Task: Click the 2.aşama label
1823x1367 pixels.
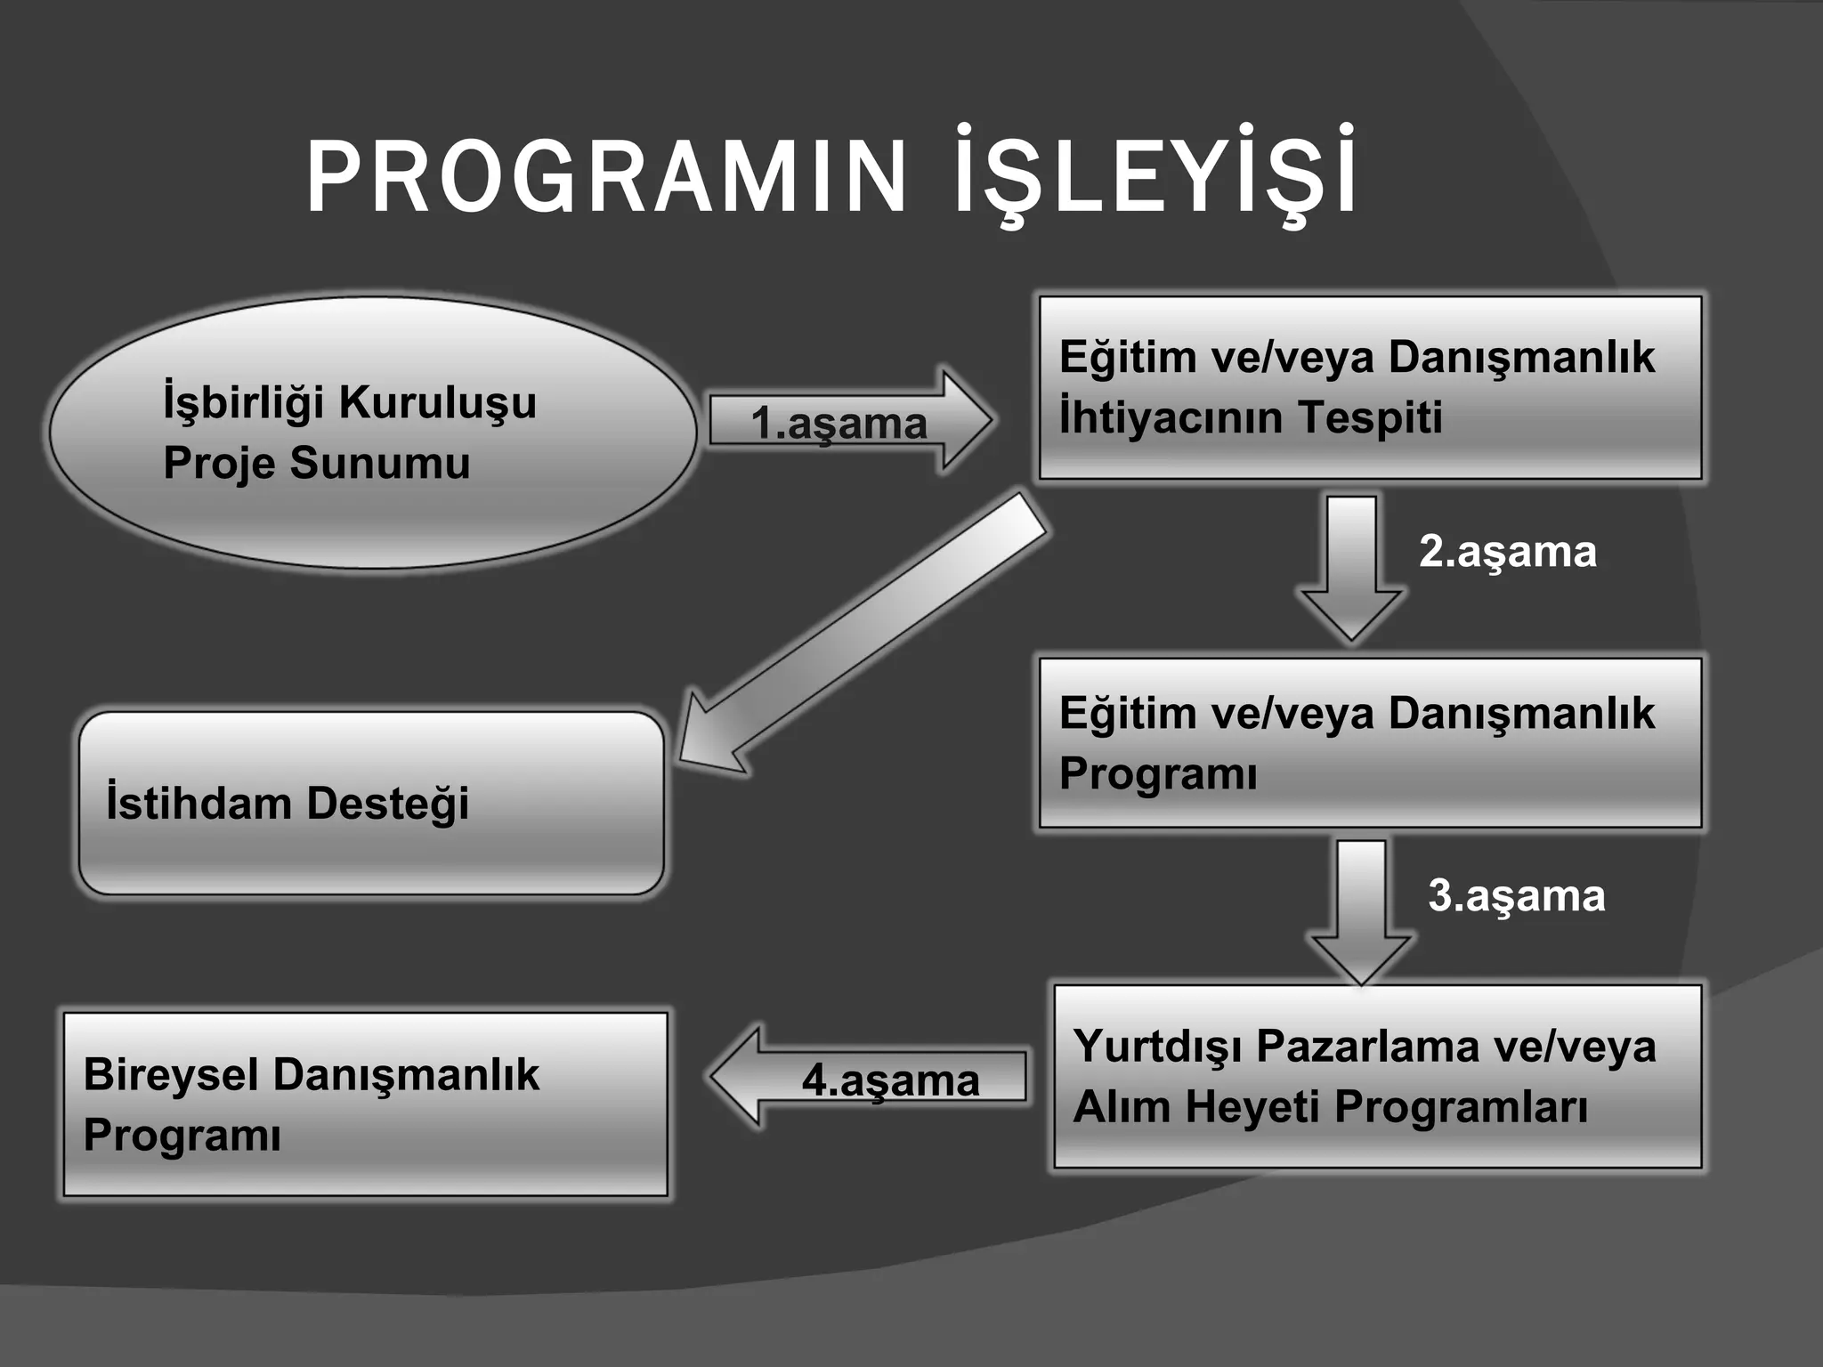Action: click(1508, 552)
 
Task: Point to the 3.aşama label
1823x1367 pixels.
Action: click(1517, 895)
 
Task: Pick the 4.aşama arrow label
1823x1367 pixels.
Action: click(890, 1080)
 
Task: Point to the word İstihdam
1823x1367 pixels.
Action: click(199, 803)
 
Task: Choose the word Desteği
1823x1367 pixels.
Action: click(387, 804)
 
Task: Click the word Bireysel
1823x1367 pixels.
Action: click(171, 1074)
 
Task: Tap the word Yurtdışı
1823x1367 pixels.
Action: click(1157, 1047)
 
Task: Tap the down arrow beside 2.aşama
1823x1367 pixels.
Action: click(1351, 570)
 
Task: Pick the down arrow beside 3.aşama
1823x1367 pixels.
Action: click(1361, 912)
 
